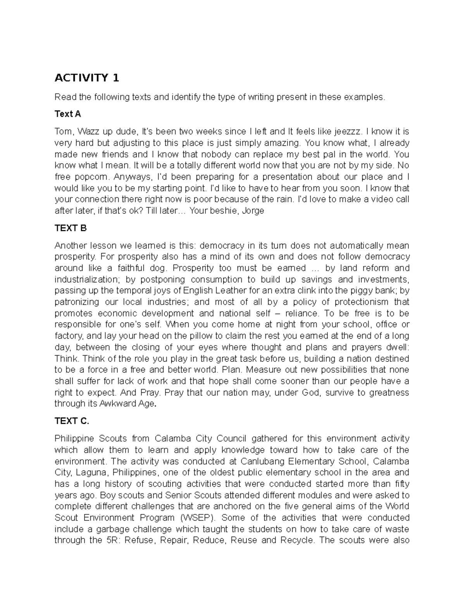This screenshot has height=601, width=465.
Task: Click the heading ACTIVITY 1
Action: click(x=87, y=78)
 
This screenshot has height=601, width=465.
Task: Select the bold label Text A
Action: click(x=68, y=114)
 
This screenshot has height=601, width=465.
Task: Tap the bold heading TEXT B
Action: click(x=71, y=228)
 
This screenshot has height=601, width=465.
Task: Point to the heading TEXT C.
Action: click(x=72, y=421)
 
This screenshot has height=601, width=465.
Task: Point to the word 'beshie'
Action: click(x=224, y=211)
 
